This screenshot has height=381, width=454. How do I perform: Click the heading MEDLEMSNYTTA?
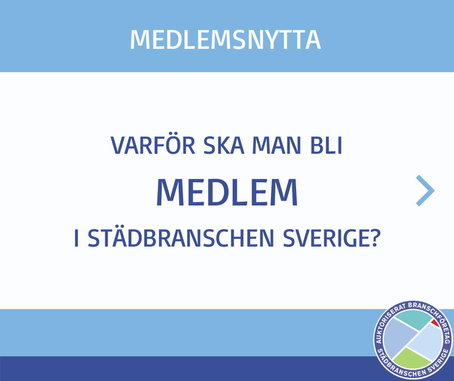(226, 40)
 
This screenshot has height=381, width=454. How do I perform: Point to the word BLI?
(326, 145)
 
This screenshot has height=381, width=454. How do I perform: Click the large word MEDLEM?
(227, 192)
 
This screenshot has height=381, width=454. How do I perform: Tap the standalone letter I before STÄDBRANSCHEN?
(76, 238)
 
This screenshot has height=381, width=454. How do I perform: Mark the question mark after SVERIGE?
(375, 238)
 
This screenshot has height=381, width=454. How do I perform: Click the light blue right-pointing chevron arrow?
(425, 190)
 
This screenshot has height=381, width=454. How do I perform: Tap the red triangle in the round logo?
(435, 323)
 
